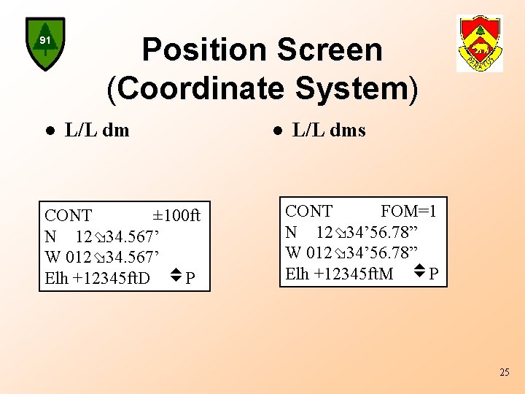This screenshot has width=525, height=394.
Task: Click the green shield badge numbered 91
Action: tap(45, 43)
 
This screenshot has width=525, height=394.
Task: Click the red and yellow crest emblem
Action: tap(479, 43)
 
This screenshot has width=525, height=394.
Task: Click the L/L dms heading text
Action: tap(328, 131)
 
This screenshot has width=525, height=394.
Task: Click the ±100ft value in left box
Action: tap(176, 216)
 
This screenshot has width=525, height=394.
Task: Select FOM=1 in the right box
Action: tap(408, 212)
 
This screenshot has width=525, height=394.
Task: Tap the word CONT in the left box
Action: tap(69, 216)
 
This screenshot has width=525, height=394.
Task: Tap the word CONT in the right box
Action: tap(309, 212)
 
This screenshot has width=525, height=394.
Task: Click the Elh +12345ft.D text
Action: tap(97, 279)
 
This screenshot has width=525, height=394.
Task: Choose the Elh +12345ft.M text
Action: tap(339, 274)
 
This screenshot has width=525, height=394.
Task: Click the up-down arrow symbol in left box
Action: tap(174, 277)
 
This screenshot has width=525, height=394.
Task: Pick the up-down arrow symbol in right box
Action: tap(419, 272)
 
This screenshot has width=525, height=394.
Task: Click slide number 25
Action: tap(505, 373)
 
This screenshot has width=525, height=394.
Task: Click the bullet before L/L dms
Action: tap(277, 131)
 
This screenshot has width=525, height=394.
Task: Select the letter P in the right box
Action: tap(433, 274)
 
